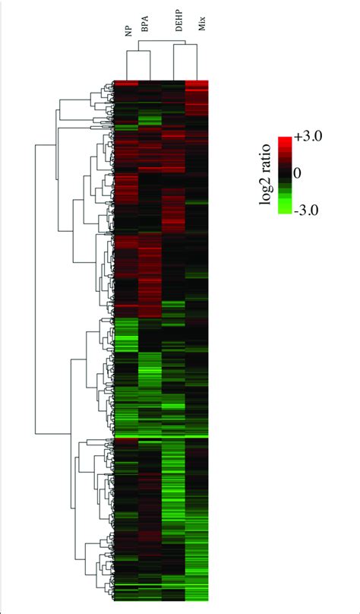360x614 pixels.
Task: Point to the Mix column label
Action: click(x=200, y=30)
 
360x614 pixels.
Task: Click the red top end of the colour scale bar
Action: click(x=286, y=141)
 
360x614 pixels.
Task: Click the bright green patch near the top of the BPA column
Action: click(x=150, y=119)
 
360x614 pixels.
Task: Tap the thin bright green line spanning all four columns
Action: click(x=161, y=438)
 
